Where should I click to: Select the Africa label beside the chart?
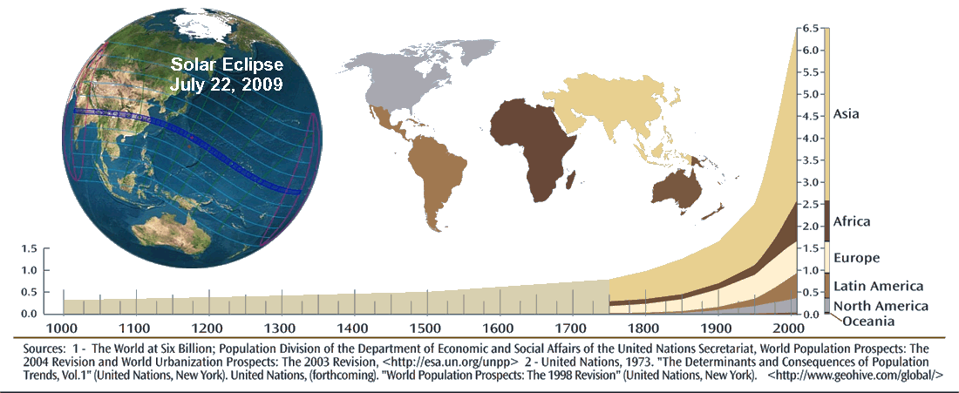click(852, 222)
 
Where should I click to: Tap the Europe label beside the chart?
click(856, 258)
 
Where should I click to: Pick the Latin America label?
click(878, 286)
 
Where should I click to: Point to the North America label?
click(881, 306)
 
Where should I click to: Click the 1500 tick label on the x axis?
click(425, 328)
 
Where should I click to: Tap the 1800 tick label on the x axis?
click(643, 328)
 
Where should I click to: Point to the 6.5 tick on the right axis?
click(809, 28)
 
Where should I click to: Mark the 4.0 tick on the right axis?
click(809, 139)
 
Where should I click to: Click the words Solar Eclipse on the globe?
click(227, 65)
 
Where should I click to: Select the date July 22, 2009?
click(227, 85)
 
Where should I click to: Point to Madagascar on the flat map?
click(571, 180)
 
